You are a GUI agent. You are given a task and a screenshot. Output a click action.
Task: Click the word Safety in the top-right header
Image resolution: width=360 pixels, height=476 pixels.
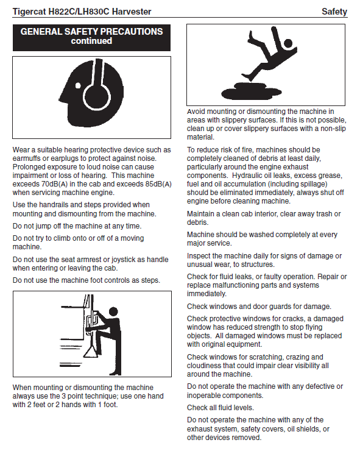click(334, 12)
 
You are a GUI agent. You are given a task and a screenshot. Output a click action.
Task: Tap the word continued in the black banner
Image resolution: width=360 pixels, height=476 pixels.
click(91, 41)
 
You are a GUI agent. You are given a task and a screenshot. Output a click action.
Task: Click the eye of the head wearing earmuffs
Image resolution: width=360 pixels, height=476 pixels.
click(78, 85)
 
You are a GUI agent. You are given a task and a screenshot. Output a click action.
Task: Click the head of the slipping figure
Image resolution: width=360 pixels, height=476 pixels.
click(288, 43)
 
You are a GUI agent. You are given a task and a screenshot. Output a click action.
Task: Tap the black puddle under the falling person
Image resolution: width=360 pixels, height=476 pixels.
click(251, 92)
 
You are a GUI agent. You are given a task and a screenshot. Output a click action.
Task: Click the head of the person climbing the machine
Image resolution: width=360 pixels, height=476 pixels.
click(113, 311)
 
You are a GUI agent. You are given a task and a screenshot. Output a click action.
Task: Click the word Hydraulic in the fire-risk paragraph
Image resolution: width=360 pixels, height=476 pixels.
click(247, 176)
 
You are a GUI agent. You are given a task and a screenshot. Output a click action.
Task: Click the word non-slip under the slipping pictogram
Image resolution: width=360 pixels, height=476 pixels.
click(333, 129)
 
